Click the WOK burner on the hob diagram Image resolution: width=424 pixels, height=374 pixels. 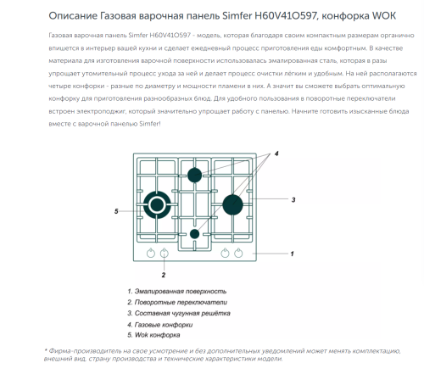(157, 204)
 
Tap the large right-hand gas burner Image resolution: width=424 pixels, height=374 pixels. (232, 204)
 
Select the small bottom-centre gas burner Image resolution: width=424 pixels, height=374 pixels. (195, 233)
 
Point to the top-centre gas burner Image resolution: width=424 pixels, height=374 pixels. (194, 176)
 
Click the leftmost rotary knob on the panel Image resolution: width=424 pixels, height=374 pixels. (151, 253)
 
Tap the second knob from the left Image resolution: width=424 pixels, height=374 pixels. (165, 253)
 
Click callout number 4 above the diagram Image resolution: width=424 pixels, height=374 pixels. (276, 156)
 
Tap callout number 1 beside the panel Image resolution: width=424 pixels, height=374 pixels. (291, 254)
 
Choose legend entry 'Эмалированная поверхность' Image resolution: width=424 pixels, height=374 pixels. (181, 291)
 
